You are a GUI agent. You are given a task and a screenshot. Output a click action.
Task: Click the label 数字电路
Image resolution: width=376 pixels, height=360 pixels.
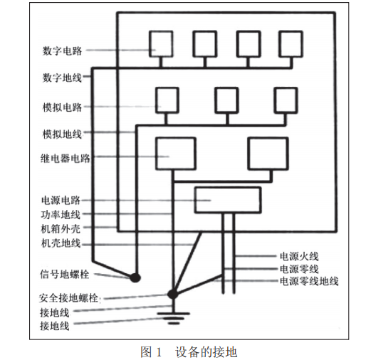point(63,51)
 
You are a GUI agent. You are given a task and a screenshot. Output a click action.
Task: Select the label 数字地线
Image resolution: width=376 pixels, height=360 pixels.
point(63,76)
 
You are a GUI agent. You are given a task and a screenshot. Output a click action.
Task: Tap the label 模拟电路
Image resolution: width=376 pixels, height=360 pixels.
point(63,107)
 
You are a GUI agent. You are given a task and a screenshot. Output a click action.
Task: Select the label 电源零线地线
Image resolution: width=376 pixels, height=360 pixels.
point(308,281)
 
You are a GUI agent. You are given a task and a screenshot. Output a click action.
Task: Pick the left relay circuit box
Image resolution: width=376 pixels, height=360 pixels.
point(174,149)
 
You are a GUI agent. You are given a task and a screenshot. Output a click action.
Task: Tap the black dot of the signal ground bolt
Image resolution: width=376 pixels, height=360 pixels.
point(133,276)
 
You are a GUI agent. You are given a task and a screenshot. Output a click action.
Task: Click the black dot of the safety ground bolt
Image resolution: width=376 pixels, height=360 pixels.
point(172,293)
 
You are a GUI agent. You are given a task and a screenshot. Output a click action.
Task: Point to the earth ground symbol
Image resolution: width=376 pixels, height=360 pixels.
point(172,314)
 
